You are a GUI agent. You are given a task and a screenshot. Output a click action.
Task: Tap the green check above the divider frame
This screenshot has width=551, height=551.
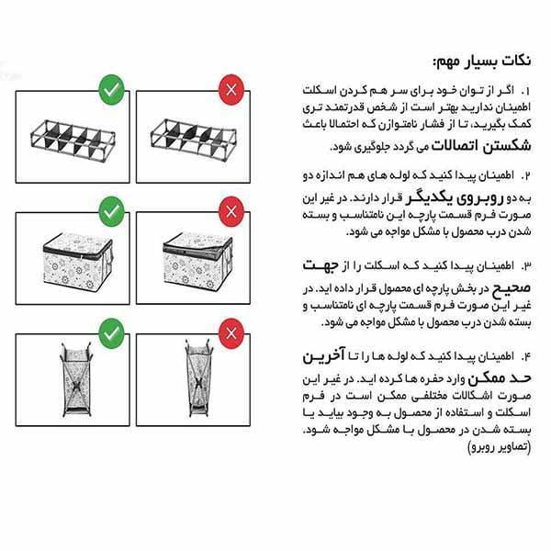111,90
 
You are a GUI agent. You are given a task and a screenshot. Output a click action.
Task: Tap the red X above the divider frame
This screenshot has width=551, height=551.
231,90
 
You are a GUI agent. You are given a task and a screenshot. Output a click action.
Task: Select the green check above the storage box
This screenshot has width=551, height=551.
111,210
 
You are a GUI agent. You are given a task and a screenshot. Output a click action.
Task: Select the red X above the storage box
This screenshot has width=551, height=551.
231,210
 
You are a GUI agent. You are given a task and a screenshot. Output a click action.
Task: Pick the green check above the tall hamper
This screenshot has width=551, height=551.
111,330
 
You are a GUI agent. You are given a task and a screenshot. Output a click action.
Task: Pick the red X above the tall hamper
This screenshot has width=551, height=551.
231,330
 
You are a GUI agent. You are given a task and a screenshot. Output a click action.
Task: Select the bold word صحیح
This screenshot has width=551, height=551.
500,287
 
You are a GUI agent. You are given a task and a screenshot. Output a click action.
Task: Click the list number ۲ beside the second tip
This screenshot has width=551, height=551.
526,174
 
